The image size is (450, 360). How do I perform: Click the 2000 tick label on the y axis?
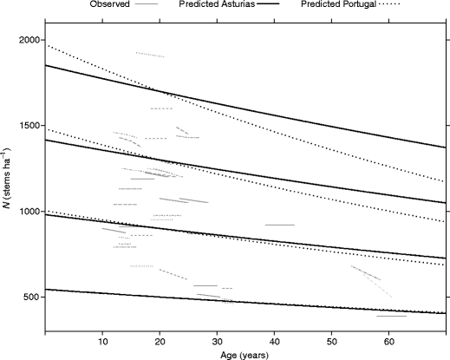click(28, 41)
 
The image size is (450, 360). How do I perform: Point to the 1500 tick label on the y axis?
click(28, 127)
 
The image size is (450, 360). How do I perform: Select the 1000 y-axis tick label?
click(28, 212)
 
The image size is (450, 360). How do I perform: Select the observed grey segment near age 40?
click(279, 225)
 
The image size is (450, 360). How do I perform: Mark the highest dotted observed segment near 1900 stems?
click(150, 55)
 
